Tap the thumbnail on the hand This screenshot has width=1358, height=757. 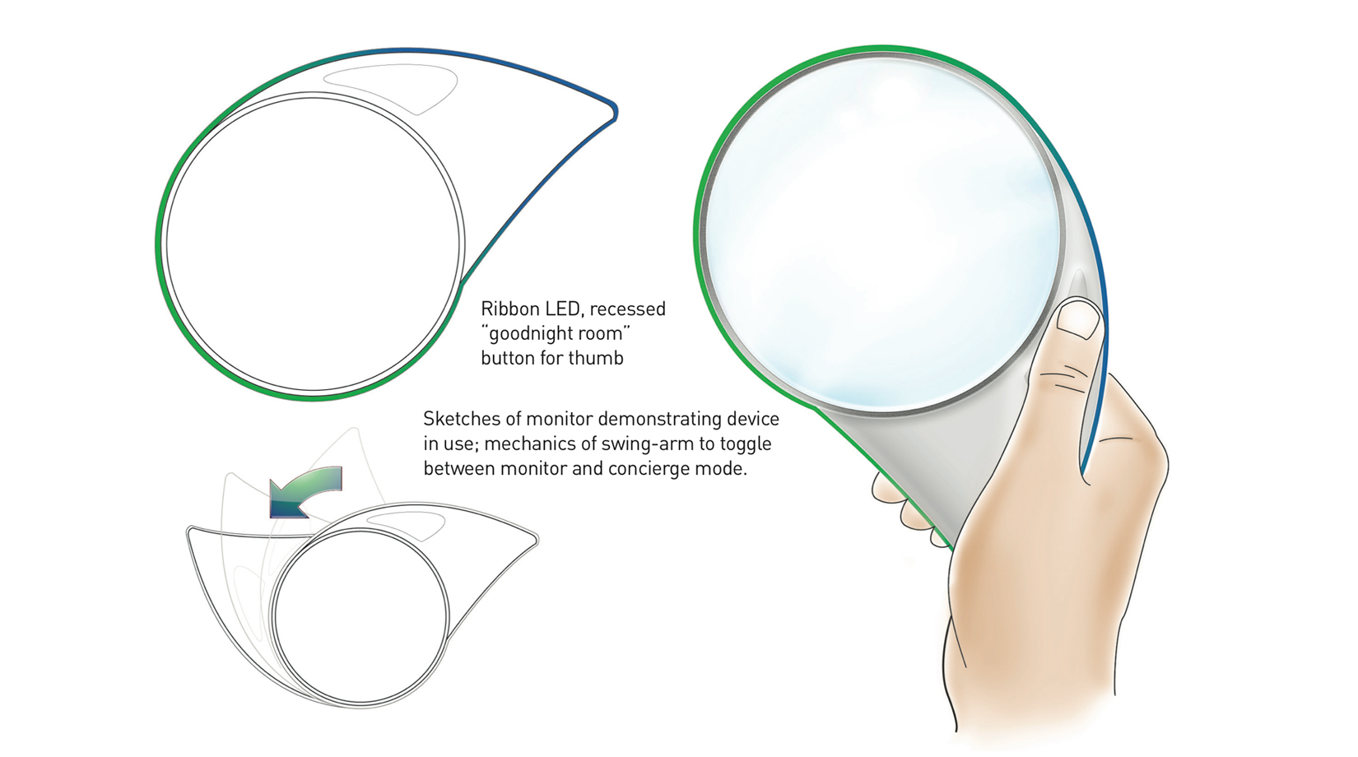[x=1079, y=318]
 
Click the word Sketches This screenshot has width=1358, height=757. [x=462, y=419]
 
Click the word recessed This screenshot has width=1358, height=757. [x=628, y=309]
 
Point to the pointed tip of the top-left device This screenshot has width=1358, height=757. [x=614, y=112]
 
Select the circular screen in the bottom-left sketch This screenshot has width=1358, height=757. [x=360, y=617]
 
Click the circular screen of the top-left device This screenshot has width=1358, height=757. [x=313, y=244]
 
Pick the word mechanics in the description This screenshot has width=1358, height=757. [x=535, y=444]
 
